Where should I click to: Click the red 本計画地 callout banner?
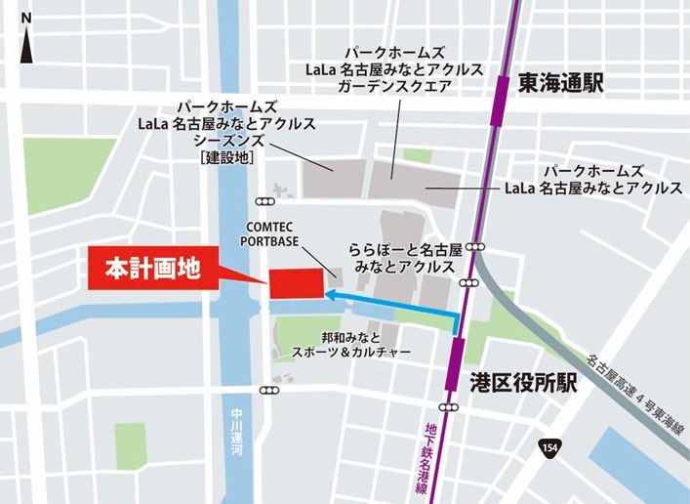(x=154, y=269)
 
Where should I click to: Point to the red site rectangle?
(x=295, y=282)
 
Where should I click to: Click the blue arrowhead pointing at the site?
(x=333, y=291)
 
